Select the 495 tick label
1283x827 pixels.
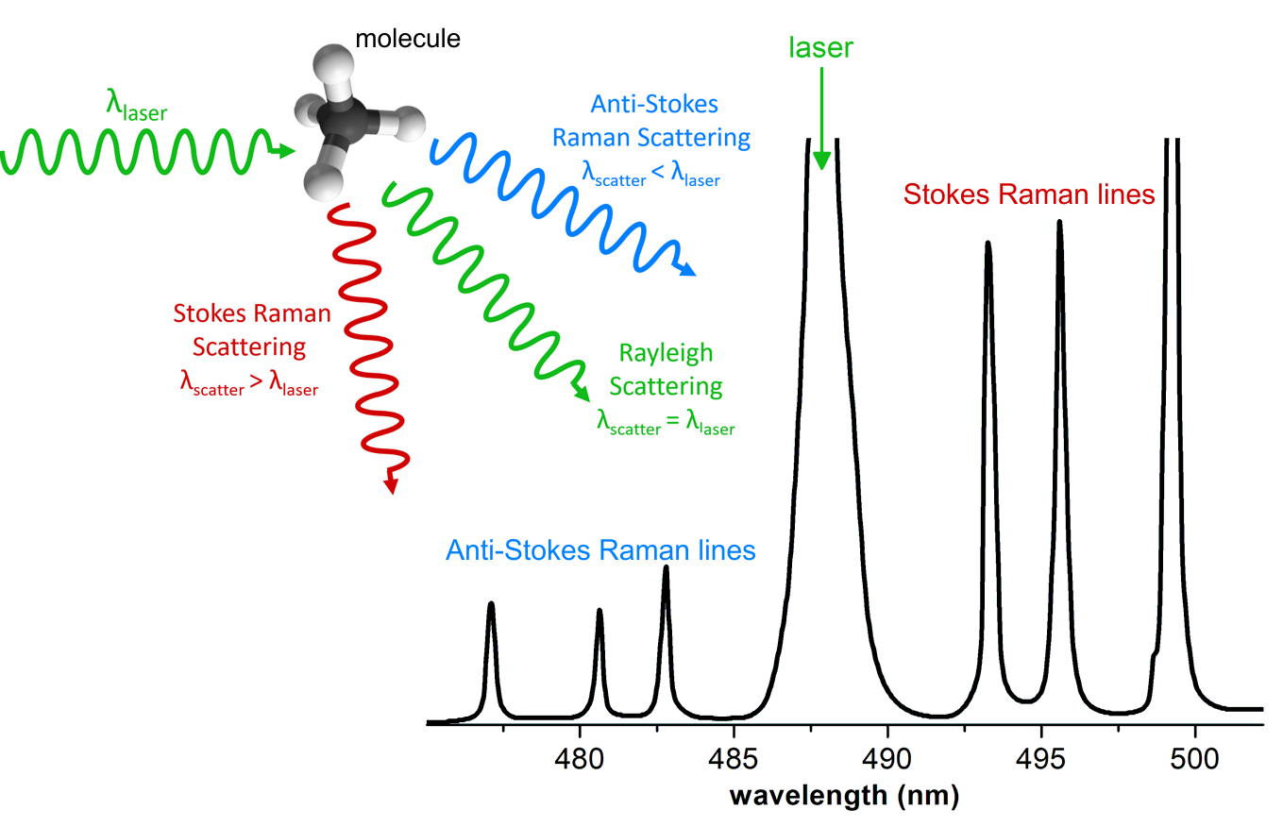(1041, 758)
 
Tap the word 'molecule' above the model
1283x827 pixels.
(408, 40)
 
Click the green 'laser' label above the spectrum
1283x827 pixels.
(820, 48)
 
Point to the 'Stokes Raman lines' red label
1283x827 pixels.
(1029, 194)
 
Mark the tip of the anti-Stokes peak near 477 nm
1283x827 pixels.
(491, 604)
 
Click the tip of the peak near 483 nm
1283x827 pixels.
(666, 567)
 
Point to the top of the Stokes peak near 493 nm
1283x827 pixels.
(988, 244)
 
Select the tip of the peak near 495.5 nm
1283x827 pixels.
(1059, 223)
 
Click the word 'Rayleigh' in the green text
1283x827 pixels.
(666, 354)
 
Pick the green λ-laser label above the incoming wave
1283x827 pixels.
(136, 109)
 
